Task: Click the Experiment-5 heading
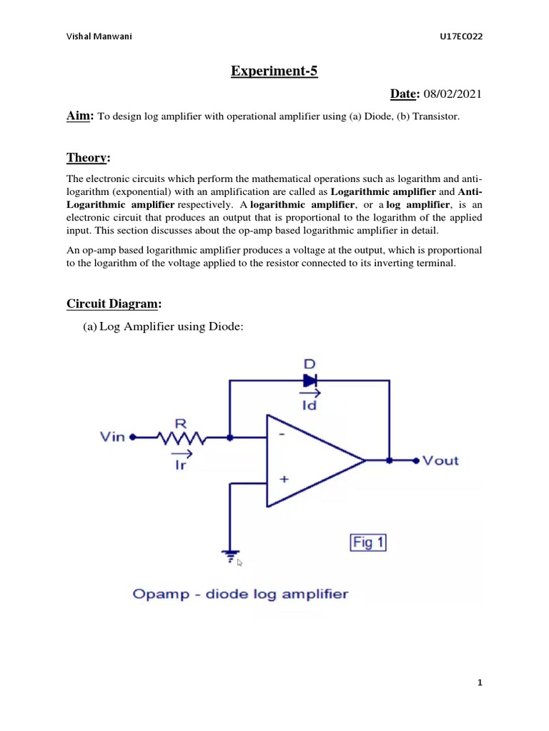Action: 274,71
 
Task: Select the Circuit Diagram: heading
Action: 114,304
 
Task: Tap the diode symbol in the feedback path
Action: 310,380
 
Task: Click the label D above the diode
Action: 310,364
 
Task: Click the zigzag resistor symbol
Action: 182,438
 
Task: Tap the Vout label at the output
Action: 441,460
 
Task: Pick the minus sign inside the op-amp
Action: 284,433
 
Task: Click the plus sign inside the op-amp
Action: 284,480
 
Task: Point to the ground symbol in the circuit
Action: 229,558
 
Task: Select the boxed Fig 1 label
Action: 368,543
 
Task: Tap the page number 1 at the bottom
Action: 480,683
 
